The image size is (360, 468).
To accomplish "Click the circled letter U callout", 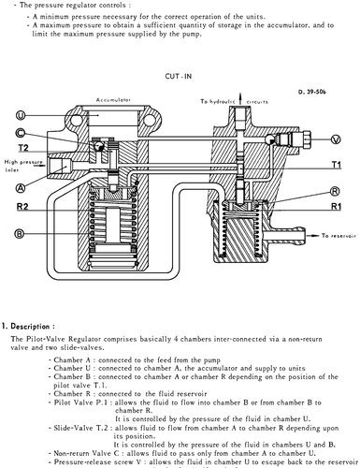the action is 21,116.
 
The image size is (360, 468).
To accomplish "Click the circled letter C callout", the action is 21,133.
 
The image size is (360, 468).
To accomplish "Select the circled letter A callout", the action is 21,188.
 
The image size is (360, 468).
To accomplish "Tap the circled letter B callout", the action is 20,233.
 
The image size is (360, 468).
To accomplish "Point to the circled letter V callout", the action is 336,139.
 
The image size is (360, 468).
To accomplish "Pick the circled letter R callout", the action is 335,191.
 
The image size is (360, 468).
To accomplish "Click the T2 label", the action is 23,148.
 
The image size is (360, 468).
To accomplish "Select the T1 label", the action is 337,165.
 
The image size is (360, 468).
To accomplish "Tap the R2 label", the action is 22,207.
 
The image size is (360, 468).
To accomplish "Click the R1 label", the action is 336,206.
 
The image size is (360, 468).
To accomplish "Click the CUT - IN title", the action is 179,76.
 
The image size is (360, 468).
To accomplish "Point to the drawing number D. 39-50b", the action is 312,92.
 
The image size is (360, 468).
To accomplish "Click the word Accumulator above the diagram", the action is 113,100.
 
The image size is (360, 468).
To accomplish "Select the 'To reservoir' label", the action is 338,236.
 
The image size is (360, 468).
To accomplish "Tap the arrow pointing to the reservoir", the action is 312,236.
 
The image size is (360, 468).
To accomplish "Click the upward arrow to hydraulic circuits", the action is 240,98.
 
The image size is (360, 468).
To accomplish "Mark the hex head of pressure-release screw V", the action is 307,139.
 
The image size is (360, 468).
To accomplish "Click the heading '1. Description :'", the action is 28,327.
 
